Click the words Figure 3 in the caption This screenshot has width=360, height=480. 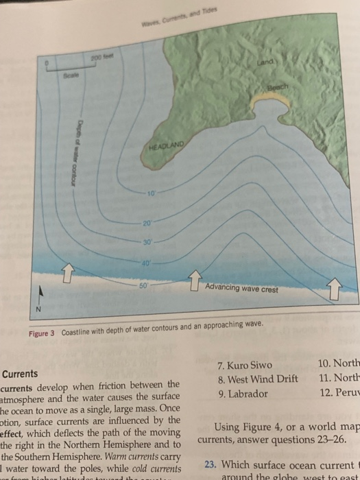coord(43,333)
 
